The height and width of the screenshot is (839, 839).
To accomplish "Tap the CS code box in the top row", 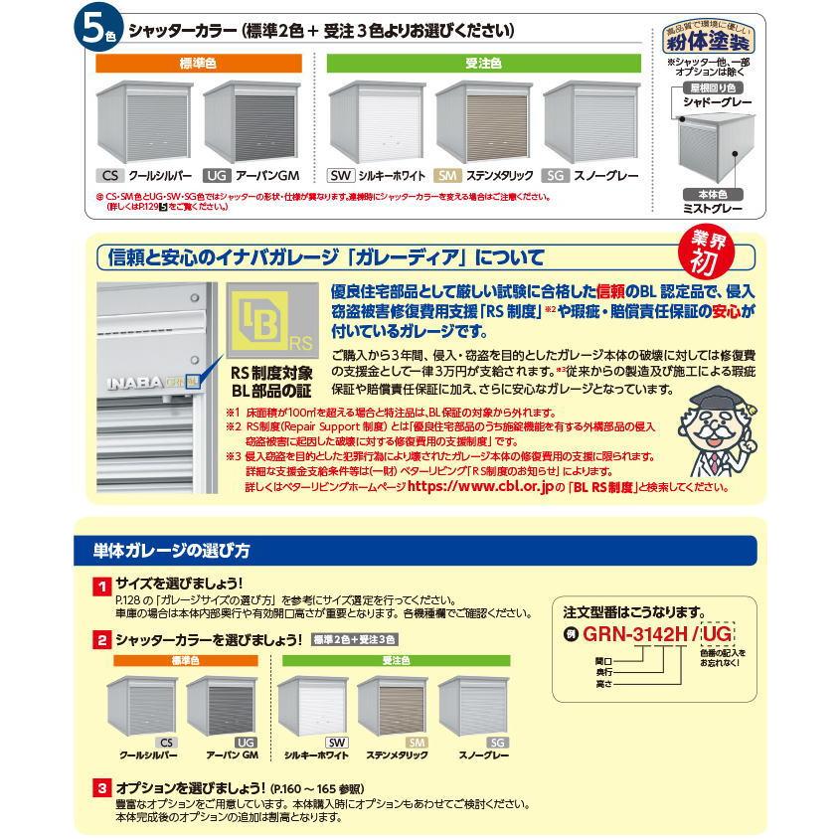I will coord(109,175).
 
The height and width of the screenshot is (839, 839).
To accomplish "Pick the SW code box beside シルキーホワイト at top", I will coord(340,175).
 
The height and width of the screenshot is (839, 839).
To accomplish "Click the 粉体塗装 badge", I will coord(710,41).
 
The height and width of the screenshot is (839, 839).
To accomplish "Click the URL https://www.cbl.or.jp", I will coord(480,487).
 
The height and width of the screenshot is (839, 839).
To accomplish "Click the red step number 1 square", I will coord(101,587).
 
